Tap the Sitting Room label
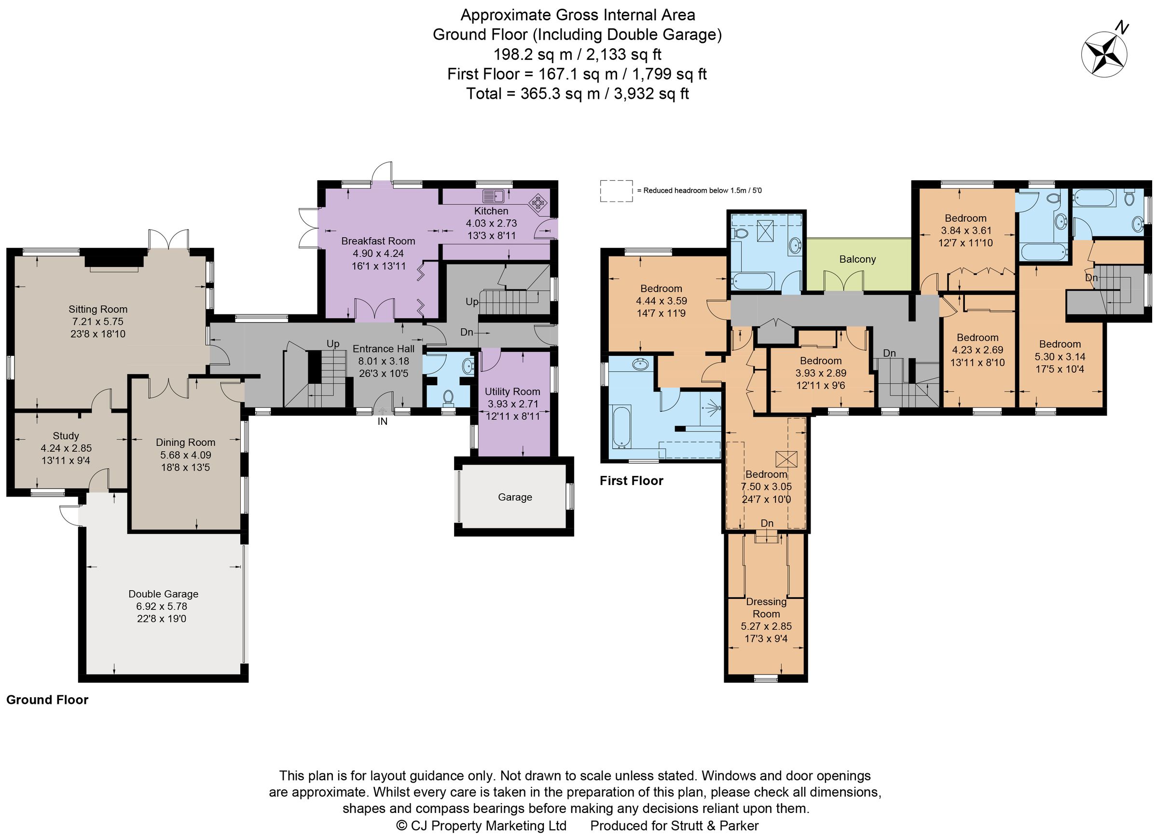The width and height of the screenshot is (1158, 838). click(x=98, y=309)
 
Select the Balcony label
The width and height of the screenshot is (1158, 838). click(x=857, y=259)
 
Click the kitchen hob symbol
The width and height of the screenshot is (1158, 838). click(x=538, y=203)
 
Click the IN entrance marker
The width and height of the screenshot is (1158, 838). click(x=383, y=421)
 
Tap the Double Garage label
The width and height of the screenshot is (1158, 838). click(x=164, y=594)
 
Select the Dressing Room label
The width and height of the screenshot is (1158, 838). click(x=766, y=608)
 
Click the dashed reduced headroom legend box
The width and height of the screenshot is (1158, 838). click(x=616, y=191)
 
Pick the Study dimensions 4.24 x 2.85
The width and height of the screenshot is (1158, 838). click(x=67, y=448)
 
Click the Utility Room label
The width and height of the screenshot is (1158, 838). click(x=512, y=392)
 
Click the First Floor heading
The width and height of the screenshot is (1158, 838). click(x=631, y=481)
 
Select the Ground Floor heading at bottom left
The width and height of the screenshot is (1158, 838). click(x=47, y=700)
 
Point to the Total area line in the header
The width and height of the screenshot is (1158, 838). click(x=578, y=94)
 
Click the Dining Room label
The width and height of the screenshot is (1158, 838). click(x=185, y=443)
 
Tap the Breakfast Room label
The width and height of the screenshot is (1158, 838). click(x=378, y=241)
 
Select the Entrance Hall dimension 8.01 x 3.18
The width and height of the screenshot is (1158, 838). click(x=384, y=361)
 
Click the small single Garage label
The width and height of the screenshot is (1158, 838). click(x=515, y=497)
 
